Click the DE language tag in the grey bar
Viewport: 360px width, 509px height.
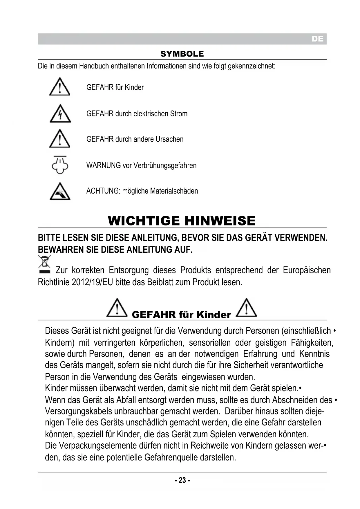click(x=317, y=39)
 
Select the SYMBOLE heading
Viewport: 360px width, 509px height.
click(x=182, y=54)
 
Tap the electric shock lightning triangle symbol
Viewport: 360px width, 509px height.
click(x=60, y=113)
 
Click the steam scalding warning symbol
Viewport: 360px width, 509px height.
click(x=60, y=165)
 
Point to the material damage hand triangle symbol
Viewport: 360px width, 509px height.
click(x=60, y=192)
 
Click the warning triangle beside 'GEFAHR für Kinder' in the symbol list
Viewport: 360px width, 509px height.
click(x=59, y=87)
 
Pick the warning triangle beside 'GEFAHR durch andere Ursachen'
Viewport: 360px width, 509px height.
click(x=59, y=139)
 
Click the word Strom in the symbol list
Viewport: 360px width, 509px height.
click(x=179, y=114)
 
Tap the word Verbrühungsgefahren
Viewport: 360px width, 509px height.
click(x=165, y=165)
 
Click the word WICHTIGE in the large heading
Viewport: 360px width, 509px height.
click(x=144, y=221)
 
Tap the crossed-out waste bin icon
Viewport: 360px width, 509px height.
click(x=44, y=264)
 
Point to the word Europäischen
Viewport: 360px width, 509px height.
click(x=307, y=270)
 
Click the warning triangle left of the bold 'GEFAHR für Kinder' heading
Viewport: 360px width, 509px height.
click(x=117, y=308)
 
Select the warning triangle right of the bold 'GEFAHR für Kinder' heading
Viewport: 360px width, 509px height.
click(x=246, y=308)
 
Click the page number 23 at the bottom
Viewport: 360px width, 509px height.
click(x=182, y=480)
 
